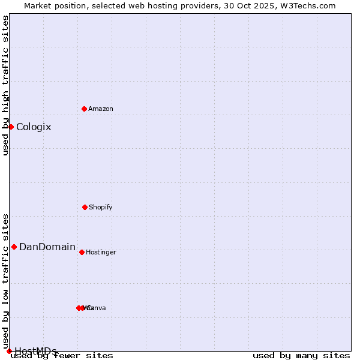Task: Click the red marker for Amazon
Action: pos(84,109)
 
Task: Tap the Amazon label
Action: pos(101,109)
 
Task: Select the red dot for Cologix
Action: pos(11,127)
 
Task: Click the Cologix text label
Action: pos(34,127)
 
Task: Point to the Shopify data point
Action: pos(85,207)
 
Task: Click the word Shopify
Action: pos(101,207)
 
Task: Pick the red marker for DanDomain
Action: pos(14,247)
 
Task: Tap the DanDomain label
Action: pos(47,247)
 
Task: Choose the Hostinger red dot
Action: pos(82,252)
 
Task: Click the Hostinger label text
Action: pos(101,252)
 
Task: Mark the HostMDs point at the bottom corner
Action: pos(9,351)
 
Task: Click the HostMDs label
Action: pos(35,351)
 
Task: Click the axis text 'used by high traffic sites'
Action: pos(5,85)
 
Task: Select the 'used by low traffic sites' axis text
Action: pos(5,281)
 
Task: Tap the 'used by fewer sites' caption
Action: pos(62,355)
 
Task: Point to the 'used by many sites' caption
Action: pos(301,355)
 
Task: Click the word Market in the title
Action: pos(38,5)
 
